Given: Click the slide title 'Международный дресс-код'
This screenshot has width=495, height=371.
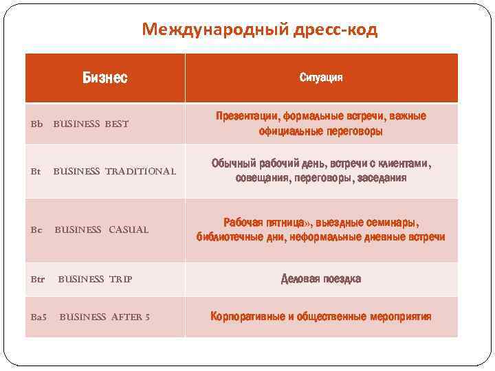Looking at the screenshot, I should (x=260, y=30).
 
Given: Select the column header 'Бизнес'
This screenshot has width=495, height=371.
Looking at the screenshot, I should (x=104, y=77).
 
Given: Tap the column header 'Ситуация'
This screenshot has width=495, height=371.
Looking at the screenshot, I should (x=321, y=77).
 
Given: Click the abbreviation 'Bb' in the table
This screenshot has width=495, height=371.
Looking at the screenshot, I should (x=36, y=124).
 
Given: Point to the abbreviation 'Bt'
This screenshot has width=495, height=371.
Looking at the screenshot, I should (x=35, y=170).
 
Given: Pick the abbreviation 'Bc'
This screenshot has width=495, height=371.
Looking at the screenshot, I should (x=36, y=229).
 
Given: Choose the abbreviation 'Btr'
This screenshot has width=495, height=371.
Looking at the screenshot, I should (x=38, y=279).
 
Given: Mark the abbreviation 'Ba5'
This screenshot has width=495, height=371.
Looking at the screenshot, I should (x=39, y=317).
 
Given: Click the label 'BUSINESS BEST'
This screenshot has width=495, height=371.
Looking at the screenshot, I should (x=91, y=124).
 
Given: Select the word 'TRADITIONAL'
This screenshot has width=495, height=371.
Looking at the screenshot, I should (x=140, y=170).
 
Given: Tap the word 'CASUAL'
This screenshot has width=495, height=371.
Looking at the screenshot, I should (x=129, y=229).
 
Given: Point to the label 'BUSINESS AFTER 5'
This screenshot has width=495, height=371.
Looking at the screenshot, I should (x=104, y=317).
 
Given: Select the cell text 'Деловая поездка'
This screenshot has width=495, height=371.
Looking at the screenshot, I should (x=321, y=279).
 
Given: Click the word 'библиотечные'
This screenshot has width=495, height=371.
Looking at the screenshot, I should (x=227, y=237).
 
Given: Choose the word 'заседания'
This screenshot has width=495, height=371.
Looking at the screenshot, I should (x=384, y=178).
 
